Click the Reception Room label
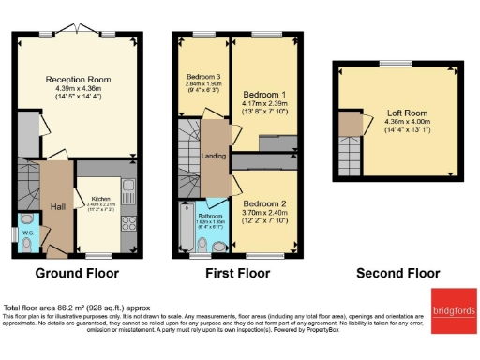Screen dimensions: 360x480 [x=78, y=81]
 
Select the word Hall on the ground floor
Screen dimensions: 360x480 [x=55, y=206]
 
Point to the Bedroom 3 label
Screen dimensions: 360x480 [x=203, y=75]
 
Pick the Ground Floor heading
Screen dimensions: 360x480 [x=78, y=274]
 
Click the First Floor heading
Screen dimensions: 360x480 [x=236, y=274]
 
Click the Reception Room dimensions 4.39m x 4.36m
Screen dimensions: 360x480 [x=78, y=90]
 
